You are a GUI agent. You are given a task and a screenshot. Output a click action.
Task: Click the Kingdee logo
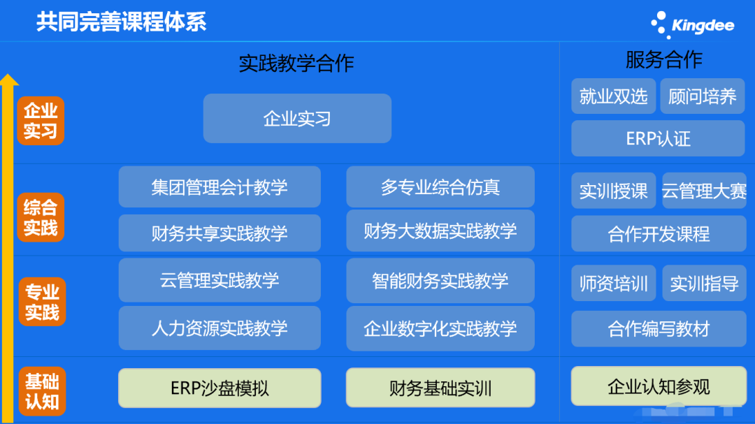click(692, 25)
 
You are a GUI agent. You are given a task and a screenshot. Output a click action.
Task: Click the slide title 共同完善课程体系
click(122, 22)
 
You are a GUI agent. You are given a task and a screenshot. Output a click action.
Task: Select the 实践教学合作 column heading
click(296, 64)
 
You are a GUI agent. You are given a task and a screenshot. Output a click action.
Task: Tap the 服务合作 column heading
click(664, 60)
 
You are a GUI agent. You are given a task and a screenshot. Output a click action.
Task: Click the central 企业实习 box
click(297, 118)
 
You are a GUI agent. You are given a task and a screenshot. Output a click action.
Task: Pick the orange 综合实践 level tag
click(41, 217)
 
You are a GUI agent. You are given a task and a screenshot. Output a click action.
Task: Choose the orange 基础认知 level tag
click(42, 391)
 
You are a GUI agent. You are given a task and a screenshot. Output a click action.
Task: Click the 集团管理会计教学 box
click(220, 187)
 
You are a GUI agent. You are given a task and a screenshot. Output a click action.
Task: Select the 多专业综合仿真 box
click(440, 187)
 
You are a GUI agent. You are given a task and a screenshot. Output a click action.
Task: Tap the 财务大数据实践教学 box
click(440, 231)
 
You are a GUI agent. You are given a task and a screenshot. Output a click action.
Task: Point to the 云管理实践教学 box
click(220, 280)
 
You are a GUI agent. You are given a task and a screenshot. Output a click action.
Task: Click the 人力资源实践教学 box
click(220, 328)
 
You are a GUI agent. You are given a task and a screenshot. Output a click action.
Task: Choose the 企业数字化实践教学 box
click(440, 329)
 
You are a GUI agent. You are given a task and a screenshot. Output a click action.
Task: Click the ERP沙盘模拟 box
click(220, 388)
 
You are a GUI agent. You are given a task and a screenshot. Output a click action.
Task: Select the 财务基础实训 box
click(440, 388)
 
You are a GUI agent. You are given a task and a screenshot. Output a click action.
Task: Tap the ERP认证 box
click(658, 138)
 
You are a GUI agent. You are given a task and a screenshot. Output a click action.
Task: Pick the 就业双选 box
click(614, 96)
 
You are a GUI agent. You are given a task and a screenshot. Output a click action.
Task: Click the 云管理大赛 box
click(705, 191)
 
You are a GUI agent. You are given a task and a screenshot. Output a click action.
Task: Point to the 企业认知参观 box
click(659, 386)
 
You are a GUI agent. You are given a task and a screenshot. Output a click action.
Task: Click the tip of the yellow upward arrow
click(8, 74)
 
